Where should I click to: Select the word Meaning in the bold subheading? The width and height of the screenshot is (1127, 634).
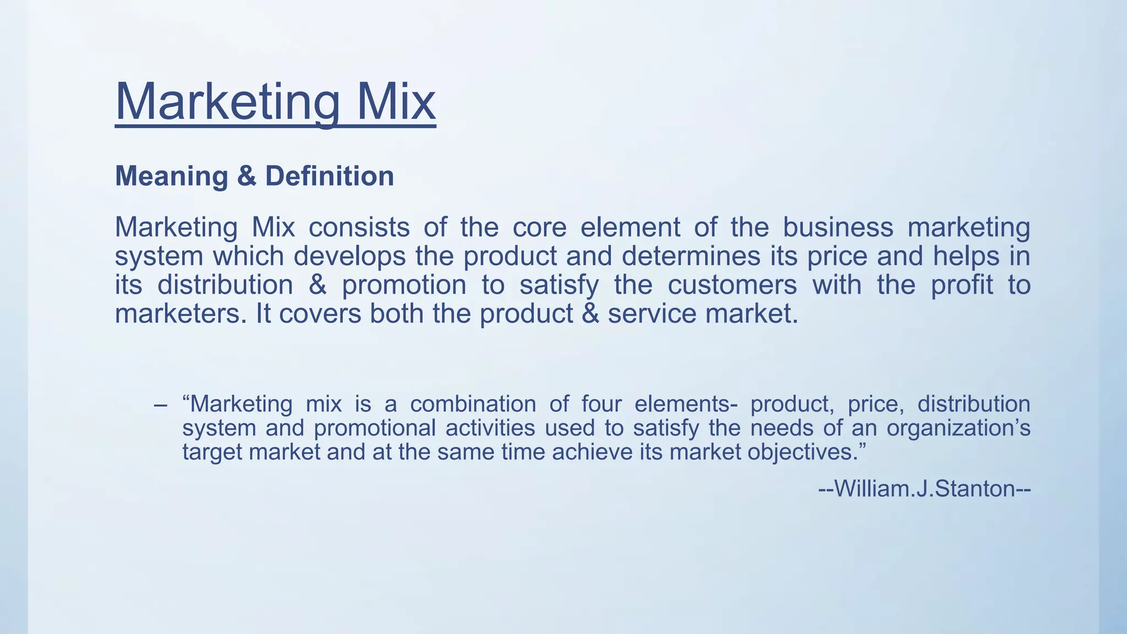(x=171, y=176)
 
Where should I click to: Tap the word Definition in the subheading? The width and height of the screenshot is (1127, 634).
(x=330, y=176)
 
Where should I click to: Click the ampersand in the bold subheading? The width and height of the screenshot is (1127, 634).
(x=247, y=176)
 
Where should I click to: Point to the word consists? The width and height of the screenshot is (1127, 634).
(x=359, y=227)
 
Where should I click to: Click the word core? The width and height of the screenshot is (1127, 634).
(x=539, y=227)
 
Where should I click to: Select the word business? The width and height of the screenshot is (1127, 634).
(x=838, y=227)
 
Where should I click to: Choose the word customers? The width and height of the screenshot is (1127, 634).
(x=732, y=285)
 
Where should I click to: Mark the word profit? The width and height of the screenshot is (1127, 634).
(x=962, y=285)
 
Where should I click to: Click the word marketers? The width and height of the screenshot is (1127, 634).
(x=181, y=314)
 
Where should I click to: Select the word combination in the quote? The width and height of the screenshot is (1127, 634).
(x=473, y=405)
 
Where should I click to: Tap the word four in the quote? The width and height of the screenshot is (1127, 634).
(x=601, y=405)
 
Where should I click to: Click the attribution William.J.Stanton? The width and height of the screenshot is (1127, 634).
(x=924, y=489)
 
